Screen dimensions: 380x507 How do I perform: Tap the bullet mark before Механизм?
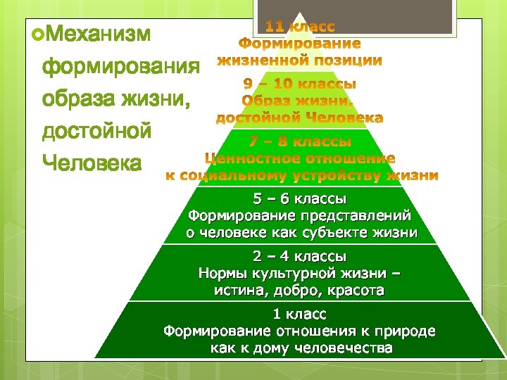tap(28, 33)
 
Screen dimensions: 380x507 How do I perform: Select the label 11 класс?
tap(300, 27)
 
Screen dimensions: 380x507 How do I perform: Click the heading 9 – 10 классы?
tap(299, 84)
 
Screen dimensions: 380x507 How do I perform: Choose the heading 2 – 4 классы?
tap(299, 256)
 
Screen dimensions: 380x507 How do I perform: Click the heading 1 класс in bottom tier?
tap(299, 314)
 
